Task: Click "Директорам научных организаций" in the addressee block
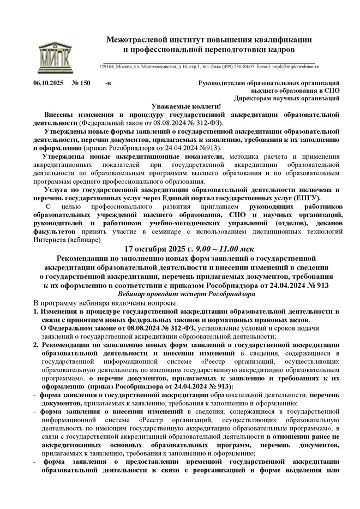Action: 287,98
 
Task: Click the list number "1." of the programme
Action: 36,312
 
